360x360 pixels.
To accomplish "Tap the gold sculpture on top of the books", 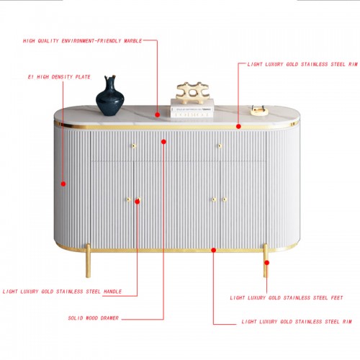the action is coord(192,93).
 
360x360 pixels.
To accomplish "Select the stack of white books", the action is coord(192,108).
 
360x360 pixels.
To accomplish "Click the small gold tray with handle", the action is coord(259,111).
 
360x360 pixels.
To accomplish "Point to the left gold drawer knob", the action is coord(134,145).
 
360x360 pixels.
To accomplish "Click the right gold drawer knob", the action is coord(220,145).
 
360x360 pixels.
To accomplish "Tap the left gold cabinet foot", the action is coord(88,261).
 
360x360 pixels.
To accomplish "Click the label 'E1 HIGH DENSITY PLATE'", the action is coord(59,77).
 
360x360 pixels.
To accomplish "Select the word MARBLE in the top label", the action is coord(133,41).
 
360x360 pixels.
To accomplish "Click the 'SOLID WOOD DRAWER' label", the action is coord(94,318).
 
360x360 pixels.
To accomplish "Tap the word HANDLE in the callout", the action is coord(113,292).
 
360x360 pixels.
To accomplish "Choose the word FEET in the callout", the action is coord(337,298).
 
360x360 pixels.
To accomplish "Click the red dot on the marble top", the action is coord(158,114).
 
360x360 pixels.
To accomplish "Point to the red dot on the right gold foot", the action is coord(266,263).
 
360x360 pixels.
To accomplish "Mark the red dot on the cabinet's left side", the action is coord(63,184).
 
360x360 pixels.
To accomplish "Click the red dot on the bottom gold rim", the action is coord(214,250).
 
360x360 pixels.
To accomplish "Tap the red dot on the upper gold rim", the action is coord(238,126).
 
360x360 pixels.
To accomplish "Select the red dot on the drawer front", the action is coord(163,142).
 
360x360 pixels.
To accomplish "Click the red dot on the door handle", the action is coord(138,202).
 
